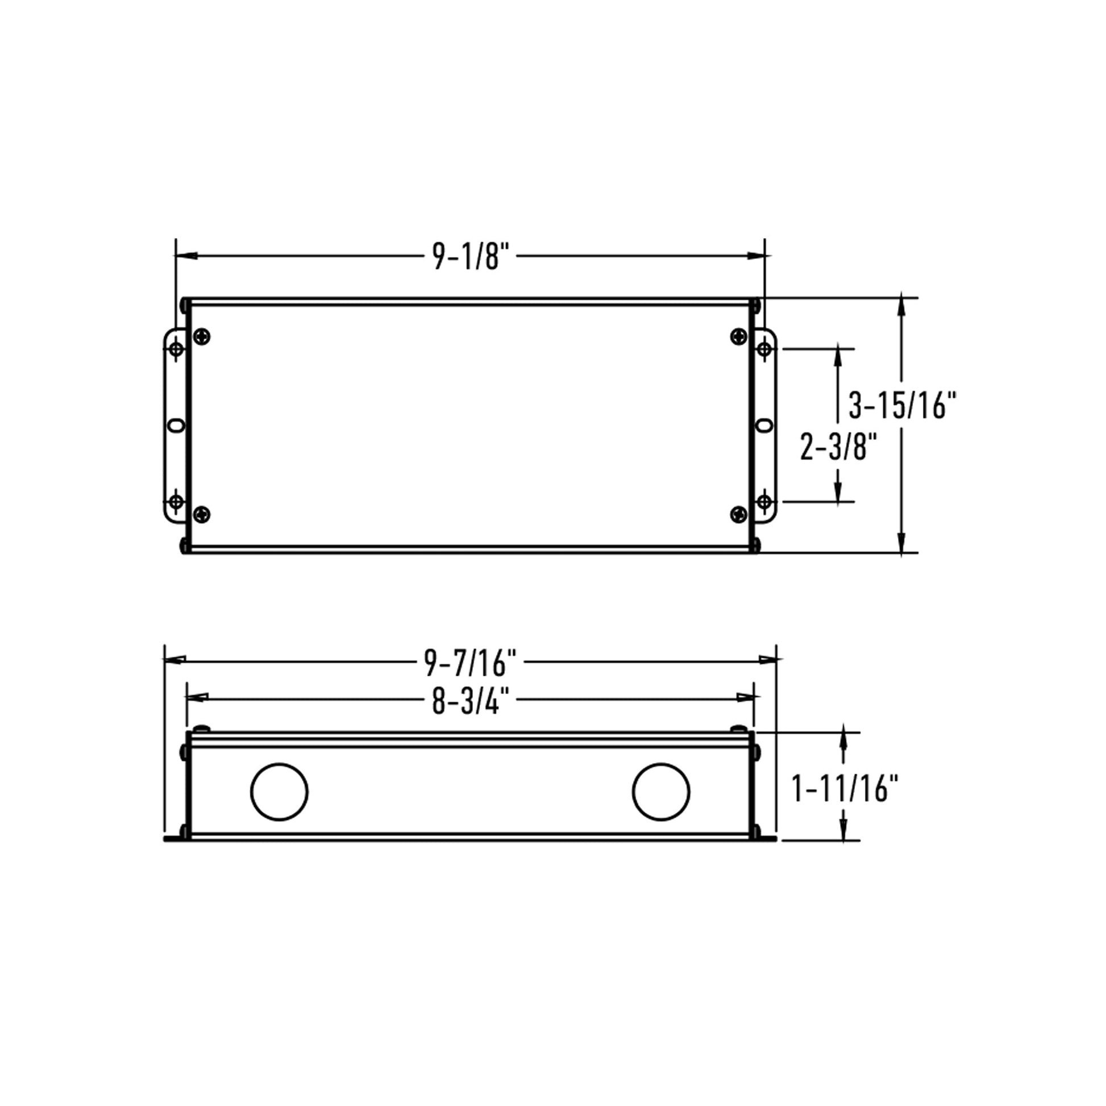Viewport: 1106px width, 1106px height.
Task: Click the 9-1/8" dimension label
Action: [471, 256]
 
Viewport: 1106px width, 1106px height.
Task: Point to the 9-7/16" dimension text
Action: [471, 663]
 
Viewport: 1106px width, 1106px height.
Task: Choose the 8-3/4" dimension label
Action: [471, 701]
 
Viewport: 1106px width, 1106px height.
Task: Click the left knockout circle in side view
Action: [280, 792]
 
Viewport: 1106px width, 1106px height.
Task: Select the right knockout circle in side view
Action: [661, 792]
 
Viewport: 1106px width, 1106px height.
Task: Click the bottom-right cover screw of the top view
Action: [739, 515]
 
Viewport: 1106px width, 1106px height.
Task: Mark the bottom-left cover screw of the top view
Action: [202, 515]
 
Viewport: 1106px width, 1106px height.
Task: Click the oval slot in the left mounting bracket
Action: [176, 425]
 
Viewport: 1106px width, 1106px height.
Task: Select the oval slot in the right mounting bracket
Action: [764, 425]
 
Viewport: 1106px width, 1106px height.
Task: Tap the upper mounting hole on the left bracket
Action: [176, 348]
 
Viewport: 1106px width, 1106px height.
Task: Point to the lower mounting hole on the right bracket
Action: [764, 502]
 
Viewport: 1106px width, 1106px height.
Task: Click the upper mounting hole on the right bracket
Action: [764, 348]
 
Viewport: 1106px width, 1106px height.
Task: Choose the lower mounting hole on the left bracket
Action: [176, 502]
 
